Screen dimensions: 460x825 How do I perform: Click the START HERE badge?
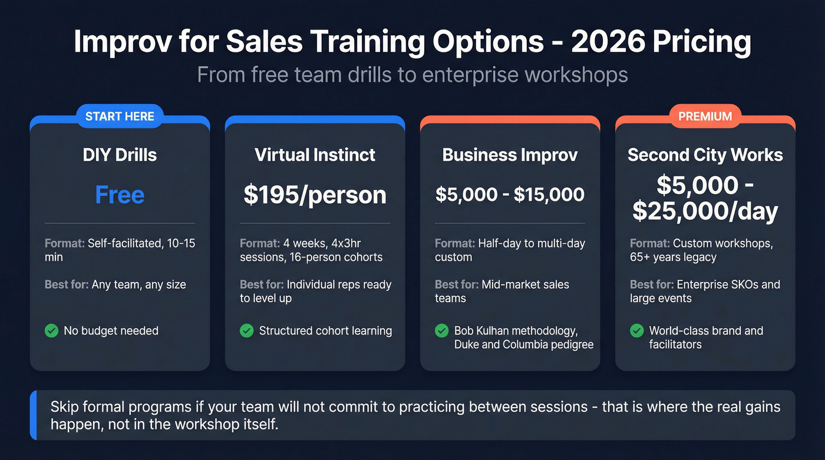pyautogui.click(x=120, y=116)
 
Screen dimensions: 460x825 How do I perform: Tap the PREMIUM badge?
pyautogui.click(x=705, y=116)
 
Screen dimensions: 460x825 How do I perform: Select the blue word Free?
pyautogui.click(x=120, y=194)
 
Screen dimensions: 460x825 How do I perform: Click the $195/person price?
pyautogui.click(x=315, y=194)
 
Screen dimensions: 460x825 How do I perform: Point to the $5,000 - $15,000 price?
pyautogui.click(x=510, y=194)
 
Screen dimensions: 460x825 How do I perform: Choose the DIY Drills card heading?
pyautogui.click(x=120, y=155)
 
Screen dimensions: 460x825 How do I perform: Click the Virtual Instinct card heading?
pyautogui.click(x=315, y=155)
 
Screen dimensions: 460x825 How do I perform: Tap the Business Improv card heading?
pyautogui.click(x=510, y=155)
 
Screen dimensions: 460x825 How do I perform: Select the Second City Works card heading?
pyautogui.click(x=705, y=155)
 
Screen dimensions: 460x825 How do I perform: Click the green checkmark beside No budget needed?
pyautogui.click(x=51, y=330)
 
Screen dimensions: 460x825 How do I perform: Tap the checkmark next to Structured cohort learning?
pyautogui.click(x=246, y=330)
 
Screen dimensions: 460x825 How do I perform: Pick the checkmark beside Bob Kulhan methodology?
pyautogui.click(x=441, y=330)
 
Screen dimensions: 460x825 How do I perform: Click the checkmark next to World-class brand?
pyautogui.click(x=636, y=330)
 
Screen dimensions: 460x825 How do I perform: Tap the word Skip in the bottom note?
pyautogui.click(x=65, y=406)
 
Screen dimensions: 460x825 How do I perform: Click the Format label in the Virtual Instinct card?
pyautogui.click(x=258, y=243)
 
